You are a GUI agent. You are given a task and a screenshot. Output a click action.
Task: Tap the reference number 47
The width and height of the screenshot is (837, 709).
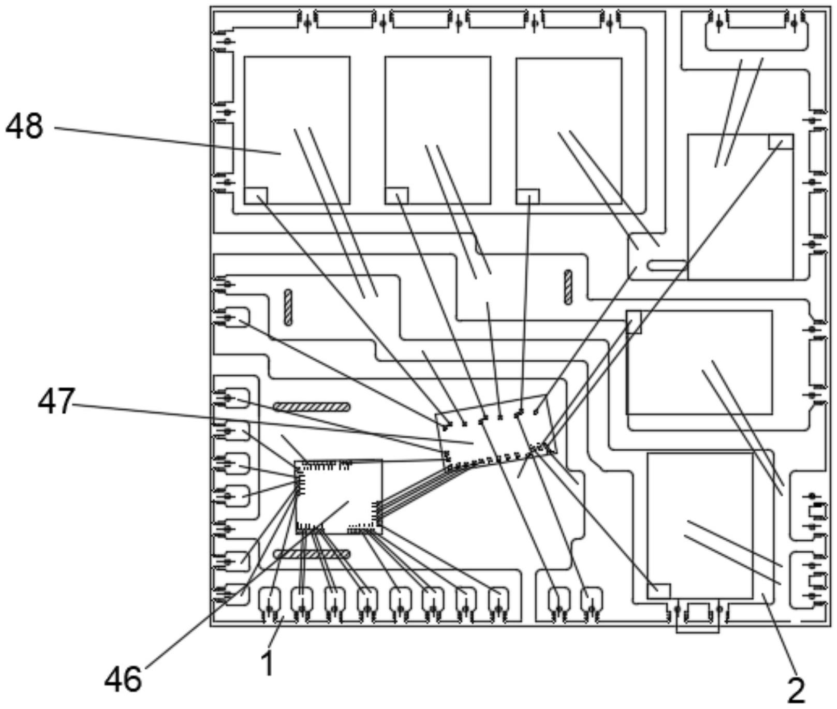click(56, 402)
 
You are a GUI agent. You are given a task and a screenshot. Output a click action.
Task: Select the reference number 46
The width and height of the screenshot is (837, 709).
click(123, 679)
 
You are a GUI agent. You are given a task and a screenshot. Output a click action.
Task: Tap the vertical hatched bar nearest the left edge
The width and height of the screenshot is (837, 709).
click(288, 307)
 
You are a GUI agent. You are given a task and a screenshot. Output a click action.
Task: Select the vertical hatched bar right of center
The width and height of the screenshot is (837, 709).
click(568, 287)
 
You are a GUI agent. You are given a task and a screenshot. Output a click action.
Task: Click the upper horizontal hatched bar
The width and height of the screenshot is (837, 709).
click(312, 407)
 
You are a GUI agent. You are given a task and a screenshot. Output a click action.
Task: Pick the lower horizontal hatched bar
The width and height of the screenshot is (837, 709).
click(312, 554)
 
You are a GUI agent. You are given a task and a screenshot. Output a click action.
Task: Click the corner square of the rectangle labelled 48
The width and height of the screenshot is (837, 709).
click(256, 195)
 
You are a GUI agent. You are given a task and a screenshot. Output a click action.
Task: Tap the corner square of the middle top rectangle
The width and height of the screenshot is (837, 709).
click(397, 195)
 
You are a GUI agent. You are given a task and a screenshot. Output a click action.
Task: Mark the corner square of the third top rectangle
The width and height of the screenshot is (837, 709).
click(528, 196)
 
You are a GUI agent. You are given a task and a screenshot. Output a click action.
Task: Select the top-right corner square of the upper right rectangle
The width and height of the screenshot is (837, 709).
click(781, 141)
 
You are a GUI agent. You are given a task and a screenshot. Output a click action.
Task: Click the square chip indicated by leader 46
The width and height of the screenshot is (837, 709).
click(339, 497)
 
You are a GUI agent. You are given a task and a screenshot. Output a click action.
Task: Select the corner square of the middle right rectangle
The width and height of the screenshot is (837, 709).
click(634, 322)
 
